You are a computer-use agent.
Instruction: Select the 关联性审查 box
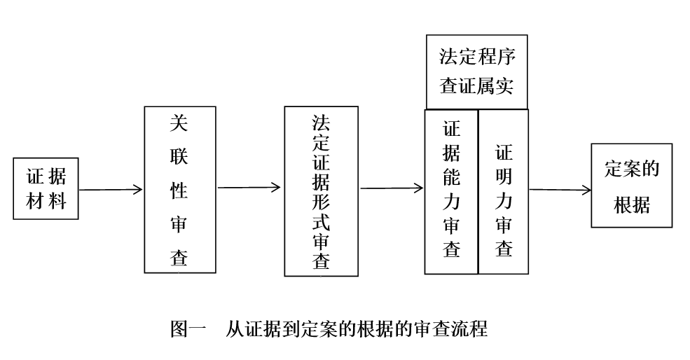pos(179,189)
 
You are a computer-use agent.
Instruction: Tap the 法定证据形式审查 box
pos(321,191)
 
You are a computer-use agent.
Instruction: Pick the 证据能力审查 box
pos(451,191)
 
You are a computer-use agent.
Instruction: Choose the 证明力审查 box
pos(503,191)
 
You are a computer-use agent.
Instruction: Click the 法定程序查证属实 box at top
pos(476,72)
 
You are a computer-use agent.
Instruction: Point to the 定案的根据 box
pos(631,186)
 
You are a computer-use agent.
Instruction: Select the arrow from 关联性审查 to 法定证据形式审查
pos(249,187)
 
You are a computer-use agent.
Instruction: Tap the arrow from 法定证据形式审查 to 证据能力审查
pos(392,188)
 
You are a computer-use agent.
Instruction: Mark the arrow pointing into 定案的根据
pos(560,189)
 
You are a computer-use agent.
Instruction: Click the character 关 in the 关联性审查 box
pos(179,124)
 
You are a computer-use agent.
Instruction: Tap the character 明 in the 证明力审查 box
pos(504,177)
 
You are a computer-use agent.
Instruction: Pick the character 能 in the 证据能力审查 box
pos(452,177)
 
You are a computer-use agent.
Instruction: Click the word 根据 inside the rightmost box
pos(631,205)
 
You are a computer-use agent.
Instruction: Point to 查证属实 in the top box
pos(476,85)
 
